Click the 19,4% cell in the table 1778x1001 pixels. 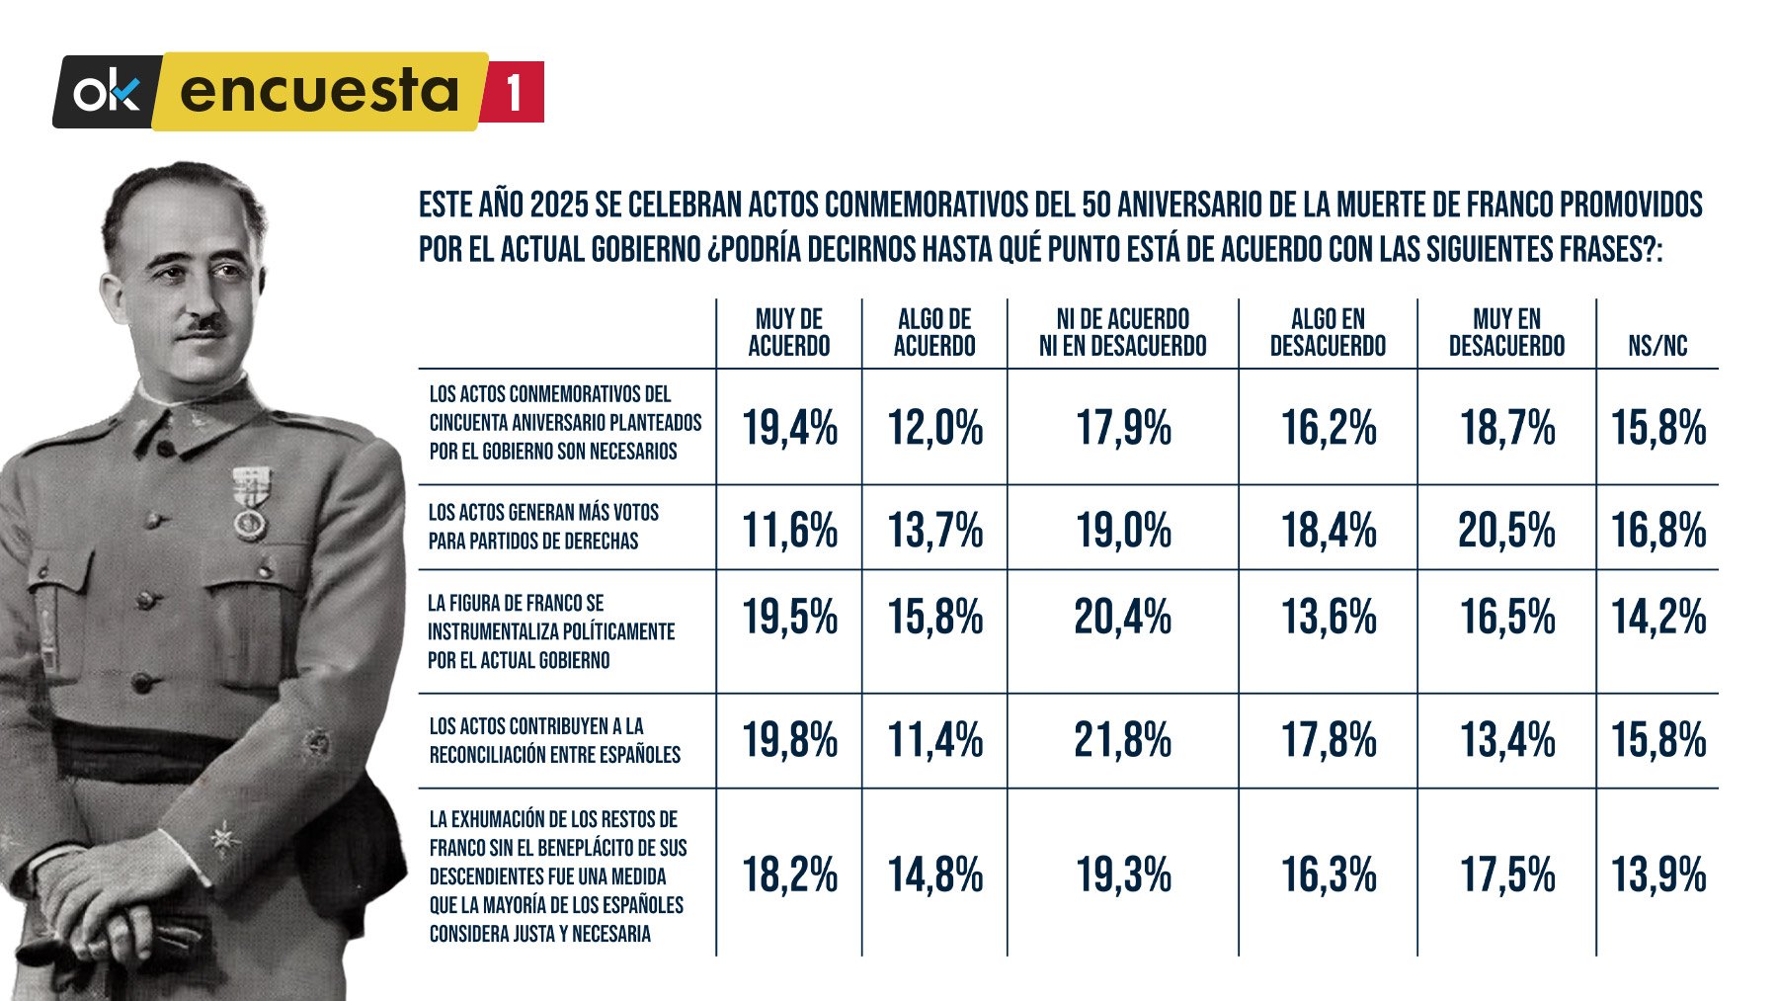(x=789, y=429)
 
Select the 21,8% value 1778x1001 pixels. (x=1122, y=740)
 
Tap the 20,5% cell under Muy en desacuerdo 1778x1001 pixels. (x=1506, y=531)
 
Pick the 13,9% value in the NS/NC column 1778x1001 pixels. (x=1658, y=875)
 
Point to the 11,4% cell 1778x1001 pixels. (x=934, y=740)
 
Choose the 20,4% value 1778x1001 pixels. (x=1122, y=618)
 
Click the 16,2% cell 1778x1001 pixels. (x=1329, y=429)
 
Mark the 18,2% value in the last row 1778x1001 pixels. (x=789, y=875)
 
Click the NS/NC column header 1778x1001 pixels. (x=1657, y=346)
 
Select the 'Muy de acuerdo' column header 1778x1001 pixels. (x=788, y=332)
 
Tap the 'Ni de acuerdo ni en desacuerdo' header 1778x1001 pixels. (x=1122, y=332)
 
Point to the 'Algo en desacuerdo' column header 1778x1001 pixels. (x=1328, y=332)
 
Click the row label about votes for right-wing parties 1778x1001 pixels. (x=543, y=527)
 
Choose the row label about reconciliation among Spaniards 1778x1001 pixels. (x=555, y=740)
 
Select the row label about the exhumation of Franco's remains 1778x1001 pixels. (x=558, y=876)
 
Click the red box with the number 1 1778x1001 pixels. (x=514, y=92)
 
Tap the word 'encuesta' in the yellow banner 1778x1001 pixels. (x=319, y=91)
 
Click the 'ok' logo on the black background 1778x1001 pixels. (x=107, y=93)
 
